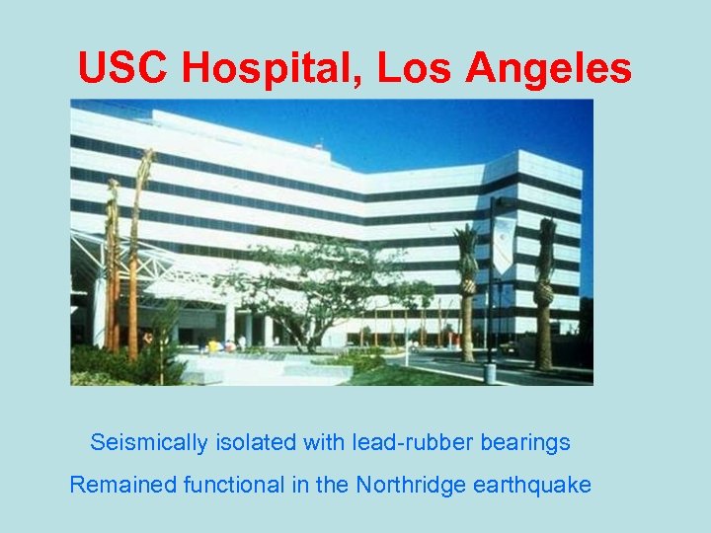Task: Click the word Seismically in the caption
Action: [143, 442]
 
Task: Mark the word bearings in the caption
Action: [525, 442]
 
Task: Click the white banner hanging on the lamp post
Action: [503, 244]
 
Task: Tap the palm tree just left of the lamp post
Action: [466, 296]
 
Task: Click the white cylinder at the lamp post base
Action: [490, 373]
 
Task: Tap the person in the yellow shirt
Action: [211, 345]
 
